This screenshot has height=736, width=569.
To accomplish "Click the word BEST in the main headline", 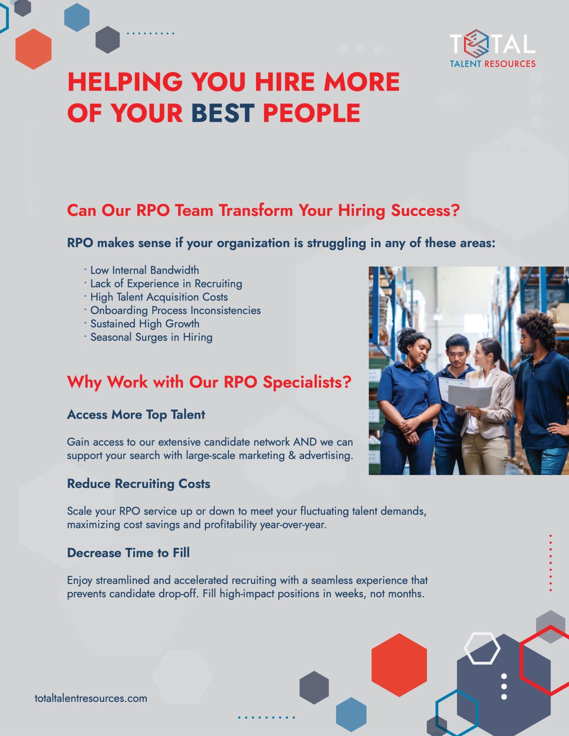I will click(x=222, y=113).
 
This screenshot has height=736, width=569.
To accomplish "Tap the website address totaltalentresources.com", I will click(x=91, y=698).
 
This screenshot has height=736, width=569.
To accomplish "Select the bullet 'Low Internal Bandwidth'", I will click(x=144, y=270).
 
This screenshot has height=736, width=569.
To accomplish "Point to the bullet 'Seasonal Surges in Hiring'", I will click(x=151, y=337).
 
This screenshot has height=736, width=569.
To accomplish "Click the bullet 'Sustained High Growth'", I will click(x=144, y=323).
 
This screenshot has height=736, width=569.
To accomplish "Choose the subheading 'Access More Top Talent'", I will click(x=136, y=414).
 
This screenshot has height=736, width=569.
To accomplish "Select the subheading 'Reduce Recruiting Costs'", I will click(x=138, y=484).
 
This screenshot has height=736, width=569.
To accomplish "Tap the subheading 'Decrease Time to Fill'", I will click(x=128, y=553).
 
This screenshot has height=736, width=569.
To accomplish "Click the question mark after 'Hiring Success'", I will click(x=455, y=210).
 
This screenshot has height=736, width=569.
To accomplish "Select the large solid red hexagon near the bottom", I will click(x=399, y=665).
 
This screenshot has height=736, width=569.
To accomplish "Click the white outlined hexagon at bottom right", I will click(x=482, y=648).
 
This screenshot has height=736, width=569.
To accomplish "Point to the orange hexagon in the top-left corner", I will click(x=33, y=49).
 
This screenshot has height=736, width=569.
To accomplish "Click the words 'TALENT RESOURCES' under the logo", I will click(x=492, y=64).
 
